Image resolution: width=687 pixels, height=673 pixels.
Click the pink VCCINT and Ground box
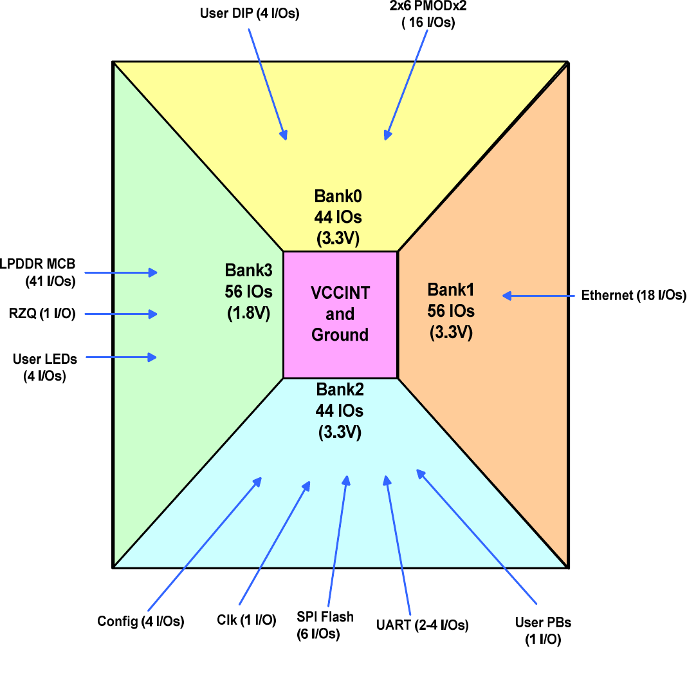(x=340, y=314)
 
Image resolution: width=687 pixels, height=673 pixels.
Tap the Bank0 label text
(x=338, y=196)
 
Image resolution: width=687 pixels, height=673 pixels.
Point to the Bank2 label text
(x=340, y=390)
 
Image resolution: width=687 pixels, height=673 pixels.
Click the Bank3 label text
(x=248, y=270)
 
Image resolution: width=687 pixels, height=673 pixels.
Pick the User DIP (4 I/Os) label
(x=250, y=13)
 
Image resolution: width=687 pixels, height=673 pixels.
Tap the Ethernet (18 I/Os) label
(x=633, y=296)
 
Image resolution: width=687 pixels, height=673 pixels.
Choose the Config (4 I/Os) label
(x=141, y=621)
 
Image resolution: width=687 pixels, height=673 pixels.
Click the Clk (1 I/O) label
(x=246, y=620)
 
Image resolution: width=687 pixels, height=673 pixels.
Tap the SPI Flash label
(x=325, y=617)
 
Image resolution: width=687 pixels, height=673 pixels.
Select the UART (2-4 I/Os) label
(x=422, y=625)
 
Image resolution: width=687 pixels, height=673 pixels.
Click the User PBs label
(x=543, y=623)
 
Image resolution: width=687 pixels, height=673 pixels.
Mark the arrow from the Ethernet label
(x=538, y=296)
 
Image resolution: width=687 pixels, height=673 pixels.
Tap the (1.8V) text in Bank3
(x=248, y=314)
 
